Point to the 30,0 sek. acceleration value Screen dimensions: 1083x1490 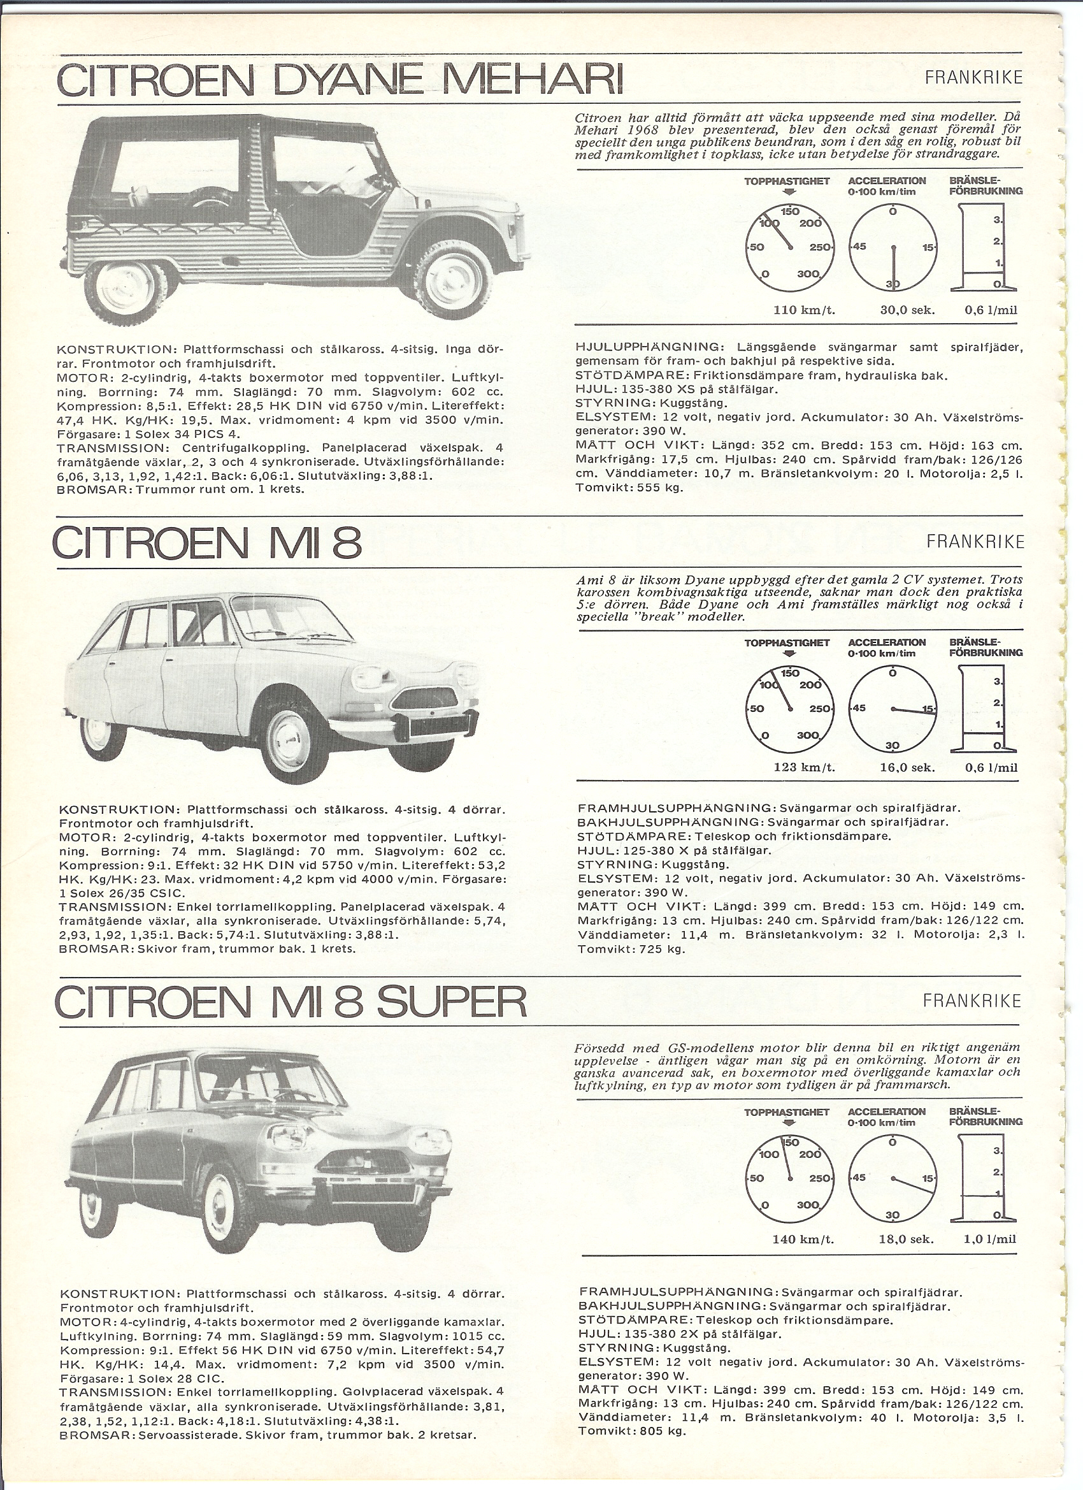(x=907, y=310)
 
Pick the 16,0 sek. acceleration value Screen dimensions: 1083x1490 (x=907, y=767)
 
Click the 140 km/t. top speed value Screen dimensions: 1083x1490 (x=803, y=1239)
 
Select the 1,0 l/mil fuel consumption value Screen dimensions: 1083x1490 (x=990, y=1238)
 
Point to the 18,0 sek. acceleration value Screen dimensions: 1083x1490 (x=907, y=1239)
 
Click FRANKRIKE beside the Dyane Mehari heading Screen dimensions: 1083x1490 (x=974, y=78)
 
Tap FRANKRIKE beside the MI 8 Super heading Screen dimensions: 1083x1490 (x=973, y=1001)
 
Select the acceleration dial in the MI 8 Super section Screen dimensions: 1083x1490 (x=892, y=1178)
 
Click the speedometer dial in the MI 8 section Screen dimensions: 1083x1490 (x=790, y=709)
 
